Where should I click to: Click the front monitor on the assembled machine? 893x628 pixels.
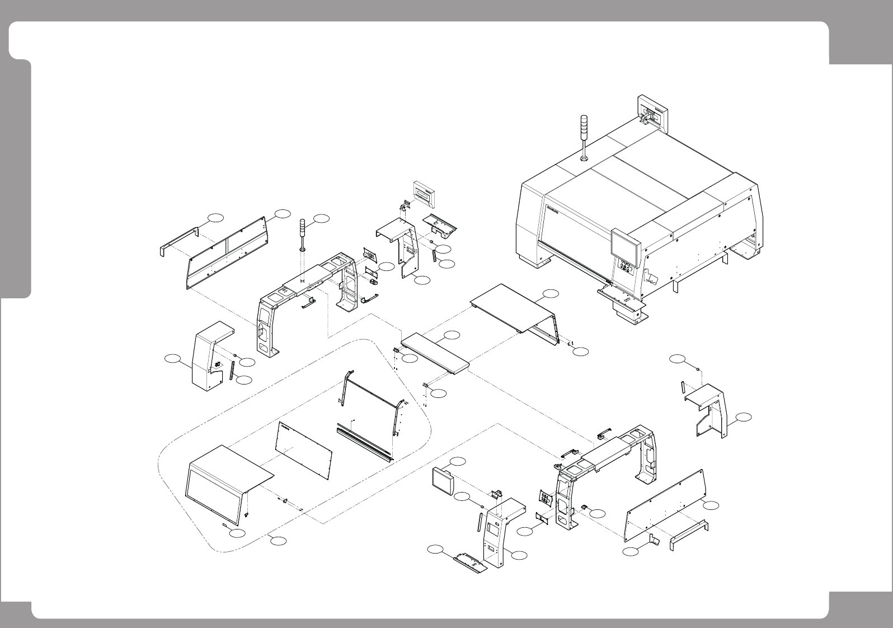click(626, 242)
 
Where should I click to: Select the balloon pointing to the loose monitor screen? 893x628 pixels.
click(458, 461)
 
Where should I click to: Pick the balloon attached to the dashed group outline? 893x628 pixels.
click(278, 540)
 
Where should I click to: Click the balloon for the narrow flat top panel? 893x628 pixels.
click(452, 335)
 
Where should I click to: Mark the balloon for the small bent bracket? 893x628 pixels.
click(631, 552)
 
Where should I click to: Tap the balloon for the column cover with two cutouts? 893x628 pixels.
click(519, 554)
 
